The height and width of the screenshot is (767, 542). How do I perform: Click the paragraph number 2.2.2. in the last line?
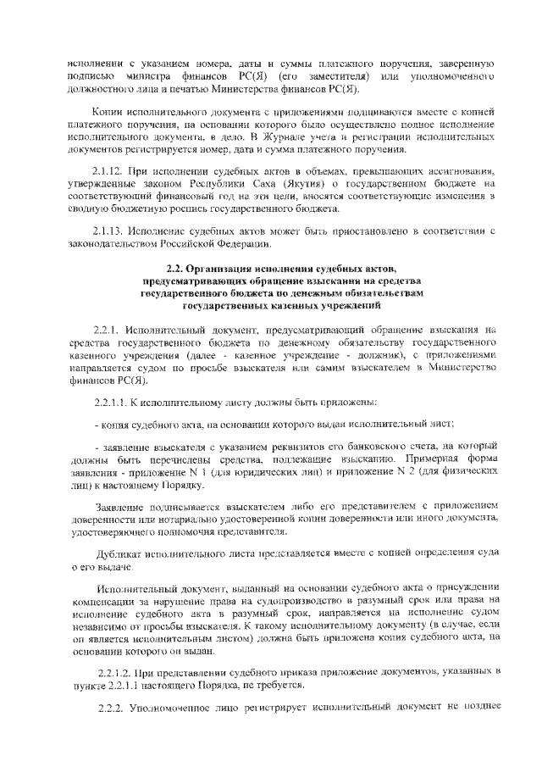point(112,706)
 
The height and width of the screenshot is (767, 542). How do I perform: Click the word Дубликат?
point(114,553)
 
